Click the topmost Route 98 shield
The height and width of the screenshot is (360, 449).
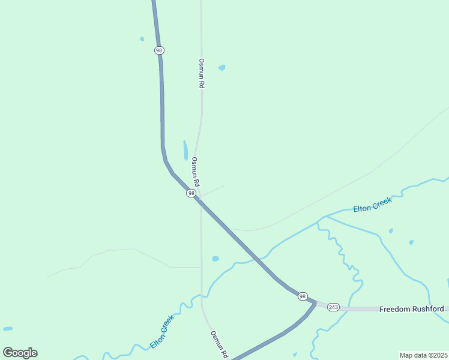coord(158,50)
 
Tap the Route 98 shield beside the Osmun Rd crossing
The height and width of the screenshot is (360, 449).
coord(191,193)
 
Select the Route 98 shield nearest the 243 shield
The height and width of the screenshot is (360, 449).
coord(303,296)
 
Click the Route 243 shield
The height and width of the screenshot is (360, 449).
coord(333,307)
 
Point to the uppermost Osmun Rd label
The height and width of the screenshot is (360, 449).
coord(202,74)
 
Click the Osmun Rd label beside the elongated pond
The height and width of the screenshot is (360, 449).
coord(194,171)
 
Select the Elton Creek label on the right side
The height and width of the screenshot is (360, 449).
coord(372,205)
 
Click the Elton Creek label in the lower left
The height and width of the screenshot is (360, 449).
coord(162,332)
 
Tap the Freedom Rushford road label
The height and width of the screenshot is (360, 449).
coord(411,309)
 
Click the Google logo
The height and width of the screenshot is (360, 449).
coord(20,353)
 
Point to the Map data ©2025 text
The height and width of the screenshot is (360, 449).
coord(423,355)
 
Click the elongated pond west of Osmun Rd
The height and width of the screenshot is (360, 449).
coord(185,150)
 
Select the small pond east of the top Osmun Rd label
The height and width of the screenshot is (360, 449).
coord(221,68)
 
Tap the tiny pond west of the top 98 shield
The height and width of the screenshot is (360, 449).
coord(142,39)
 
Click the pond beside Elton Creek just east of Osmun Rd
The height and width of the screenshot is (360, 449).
coord(215,259)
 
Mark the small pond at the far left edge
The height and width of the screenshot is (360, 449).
coord(7,329)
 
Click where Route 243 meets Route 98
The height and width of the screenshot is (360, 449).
coord(315,303)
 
